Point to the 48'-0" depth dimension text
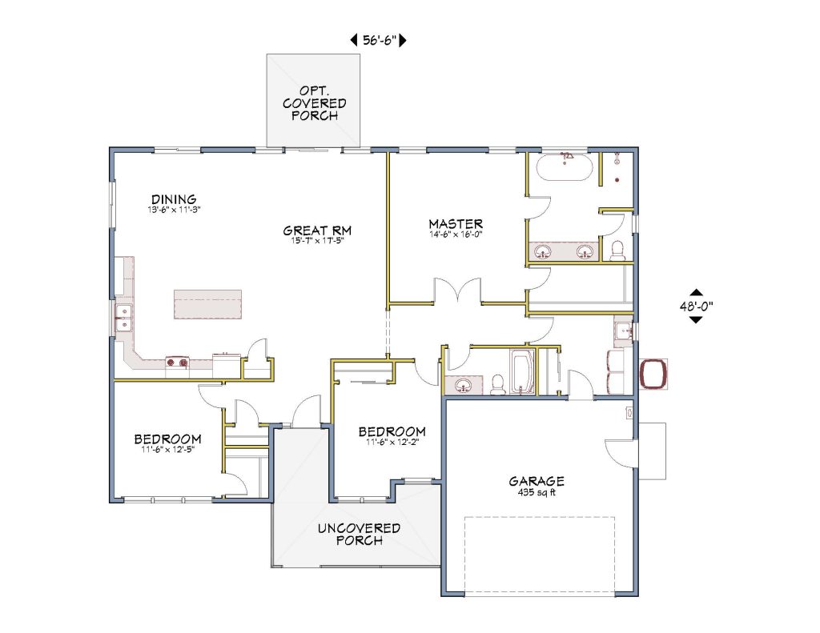[695, 306]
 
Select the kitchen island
[207, 304]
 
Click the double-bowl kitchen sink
[124, 317]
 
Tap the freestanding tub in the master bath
[565, 169]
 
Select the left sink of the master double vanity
[544, 253]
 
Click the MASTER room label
[455, 223]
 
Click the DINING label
[174, 199]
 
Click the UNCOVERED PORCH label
[358, 535]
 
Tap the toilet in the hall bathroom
[496, 385]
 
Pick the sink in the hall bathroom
[463, 387]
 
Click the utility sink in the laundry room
[623, 329]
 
